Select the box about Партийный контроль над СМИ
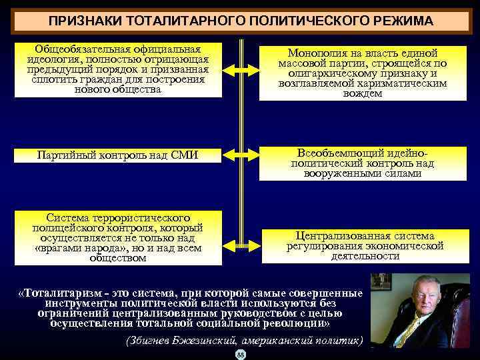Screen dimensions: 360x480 point(118,155)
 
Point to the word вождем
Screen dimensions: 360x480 point(363,94)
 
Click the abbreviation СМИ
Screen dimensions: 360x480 point(186,155)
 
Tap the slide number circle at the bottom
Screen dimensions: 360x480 point(241,354)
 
